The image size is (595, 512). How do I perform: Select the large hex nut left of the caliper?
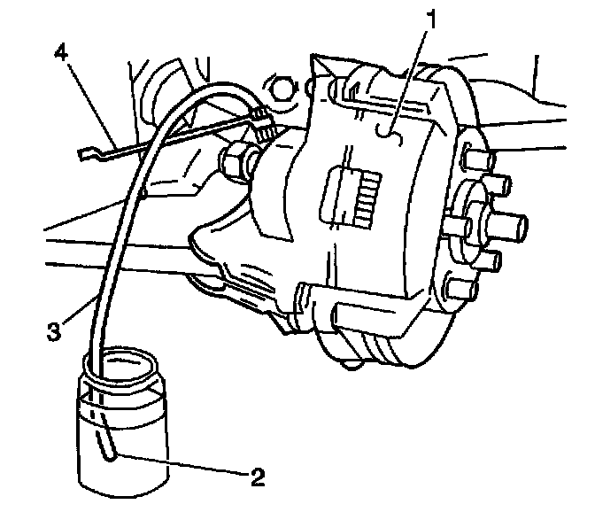[236, 161]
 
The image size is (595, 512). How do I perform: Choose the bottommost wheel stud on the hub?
[459, 289]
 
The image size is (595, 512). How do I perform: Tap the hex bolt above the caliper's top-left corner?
[282, 85]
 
